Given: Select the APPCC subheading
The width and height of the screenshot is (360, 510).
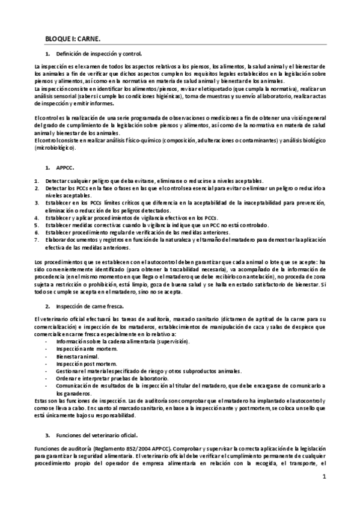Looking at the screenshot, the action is [x=64, y=168].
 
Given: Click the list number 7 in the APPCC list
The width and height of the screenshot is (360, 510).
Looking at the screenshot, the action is [x=37, y=240].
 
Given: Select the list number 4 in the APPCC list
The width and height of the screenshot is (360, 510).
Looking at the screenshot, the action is [x=37, y=217].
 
